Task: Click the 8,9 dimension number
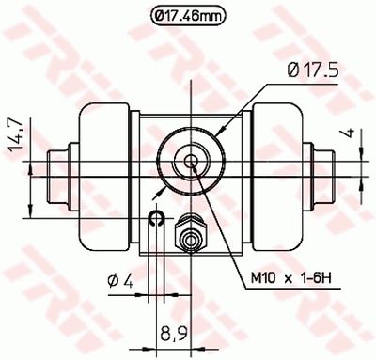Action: coord(172,332)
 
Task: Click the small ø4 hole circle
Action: coord(157,219)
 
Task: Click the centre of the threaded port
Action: coord(192,161)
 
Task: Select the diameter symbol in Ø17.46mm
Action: coord(161,15)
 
